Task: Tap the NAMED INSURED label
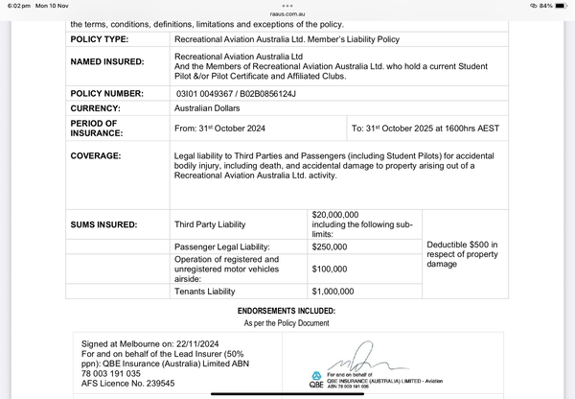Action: (x=106, y=62)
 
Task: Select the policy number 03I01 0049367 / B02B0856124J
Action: (x=236, y=93)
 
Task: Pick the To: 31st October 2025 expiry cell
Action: (x=435, y=128)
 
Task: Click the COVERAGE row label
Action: (x=96, y=155)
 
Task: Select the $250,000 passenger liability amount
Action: (x=330, y=246)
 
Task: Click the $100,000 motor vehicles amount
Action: (x=330, y=270)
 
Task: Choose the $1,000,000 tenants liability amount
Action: (x=333, y=291)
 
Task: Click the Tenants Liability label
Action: (x=204, y=291)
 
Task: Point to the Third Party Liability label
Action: (x=210, y=224)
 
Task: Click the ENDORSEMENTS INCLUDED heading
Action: (x=287, y=311)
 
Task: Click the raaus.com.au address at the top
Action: (x=287, y=14)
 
